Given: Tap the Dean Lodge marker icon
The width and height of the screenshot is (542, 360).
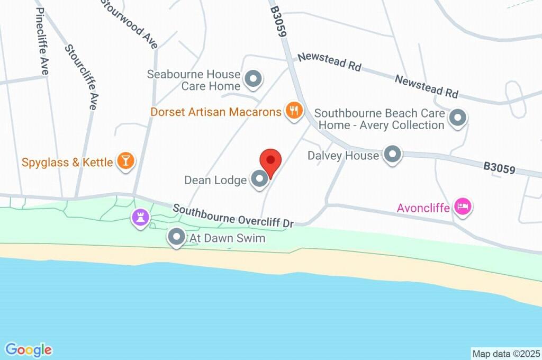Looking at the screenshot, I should point(259,179).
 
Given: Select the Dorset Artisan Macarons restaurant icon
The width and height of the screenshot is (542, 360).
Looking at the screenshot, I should point(293,111).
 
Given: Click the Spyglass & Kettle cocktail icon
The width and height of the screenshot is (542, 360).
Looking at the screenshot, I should point(125,161).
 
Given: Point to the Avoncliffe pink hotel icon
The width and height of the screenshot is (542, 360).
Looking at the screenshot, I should point(464,208).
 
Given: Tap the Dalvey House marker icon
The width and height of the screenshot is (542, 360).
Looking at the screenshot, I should point(392,155).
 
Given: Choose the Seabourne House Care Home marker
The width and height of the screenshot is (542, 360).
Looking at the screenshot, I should point(254,79).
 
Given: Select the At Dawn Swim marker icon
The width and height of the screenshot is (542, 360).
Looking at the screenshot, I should point(176,238).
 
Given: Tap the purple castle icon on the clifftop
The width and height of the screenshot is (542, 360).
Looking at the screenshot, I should point(140,217).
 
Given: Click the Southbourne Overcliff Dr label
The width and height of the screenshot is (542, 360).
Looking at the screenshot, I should point(233,216).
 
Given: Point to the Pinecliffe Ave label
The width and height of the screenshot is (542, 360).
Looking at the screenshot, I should point(42,39).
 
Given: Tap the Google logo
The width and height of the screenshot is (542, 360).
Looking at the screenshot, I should point(29,350).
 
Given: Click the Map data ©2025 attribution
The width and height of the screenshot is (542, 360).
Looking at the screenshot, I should point(506,353).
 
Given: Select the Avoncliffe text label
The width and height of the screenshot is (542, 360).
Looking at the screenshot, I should point(423,208).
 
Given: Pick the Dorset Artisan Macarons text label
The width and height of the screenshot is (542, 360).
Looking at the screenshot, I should point(216,112).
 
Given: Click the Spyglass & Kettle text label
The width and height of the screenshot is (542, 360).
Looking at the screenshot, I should point(67,162).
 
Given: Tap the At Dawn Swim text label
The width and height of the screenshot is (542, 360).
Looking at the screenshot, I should point(227,239).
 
